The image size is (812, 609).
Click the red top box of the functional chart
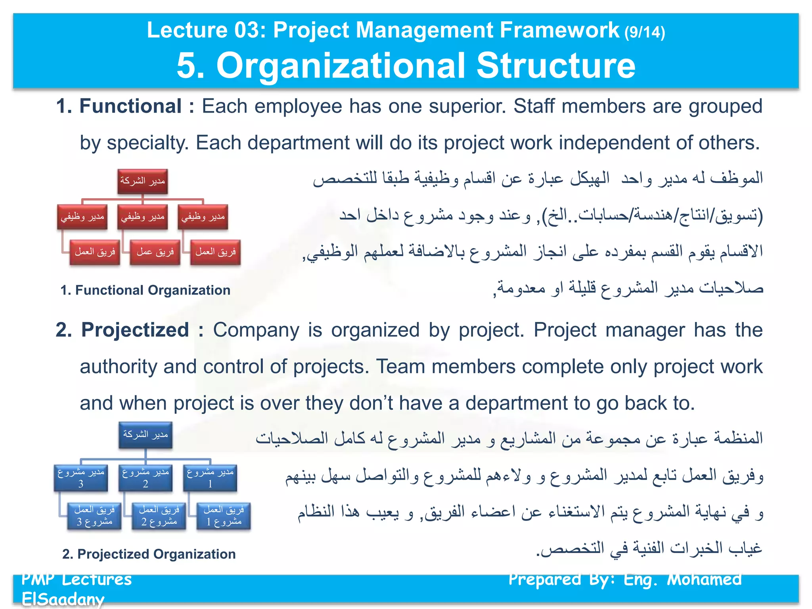click(x=142, y=181)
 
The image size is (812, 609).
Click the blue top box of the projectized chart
click(x=146, y=435)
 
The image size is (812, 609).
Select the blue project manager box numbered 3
click(x=81, y=478)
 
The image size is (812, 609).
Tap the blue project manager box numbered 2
click(x=146, y=478)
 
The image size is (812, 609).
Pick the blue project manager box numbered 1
click(x=210, y=478)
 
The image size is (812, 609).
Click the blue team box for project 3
click(x=94, y=516)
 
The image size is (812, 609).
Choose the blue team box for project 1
click(x=224, y=516)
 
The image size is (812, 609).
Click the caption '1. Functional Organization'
click(x=145, y=290)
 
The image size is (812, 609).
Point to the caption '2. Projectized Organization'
click(x=149, y=554)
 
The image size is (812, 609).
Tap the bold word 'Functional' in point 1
click(x=130, y=106)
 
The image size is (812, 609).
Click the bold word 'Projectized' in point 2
click(x=135, y=330)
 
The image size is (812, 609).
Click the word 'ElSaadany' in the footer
click(x=63, y=599)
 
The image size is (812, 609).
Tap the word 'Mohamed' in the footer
click(x=704, y=579)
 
